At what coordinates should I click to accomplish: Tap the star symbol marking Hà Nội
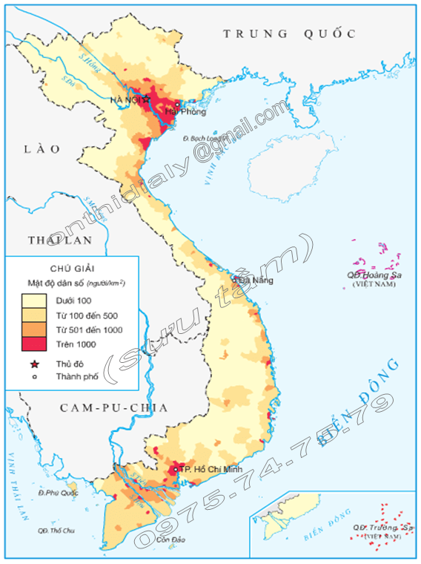click(x=147, y=99)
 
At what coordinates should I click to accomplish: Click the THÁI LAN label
click(x=59, y=240)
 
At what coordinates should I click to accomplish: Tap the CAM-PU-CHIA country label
click(x=113, y=407)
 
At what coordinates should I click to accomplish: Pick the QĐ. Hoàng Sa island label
click(x=375, y=277)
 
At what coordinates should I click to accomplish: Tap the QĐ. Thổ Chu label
click(x=57, y=530)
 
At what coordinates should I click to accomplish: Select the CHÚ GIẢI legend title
click(x=71, y=269)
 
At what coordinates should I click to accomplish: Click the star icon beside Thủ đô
click(x=34, y=364)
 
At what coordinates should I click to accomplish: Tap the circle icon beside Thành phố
click(x=34, y=377)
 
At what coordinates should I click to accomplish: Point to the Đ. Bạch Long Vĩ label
click(x=205, y=138)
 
